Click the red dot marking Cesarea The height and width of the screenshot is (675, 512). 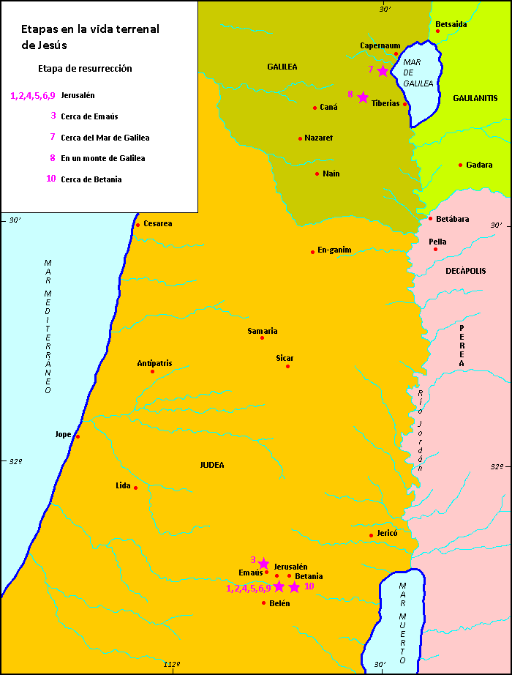click(x=138, y=225)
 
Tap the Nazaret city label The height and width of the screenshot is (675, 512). click(x=319, y=138)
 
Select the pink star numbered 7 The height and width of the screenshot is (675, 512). click(x=383, y=70)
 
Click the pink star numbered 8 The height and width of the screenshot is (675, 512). click(x=363, y=97)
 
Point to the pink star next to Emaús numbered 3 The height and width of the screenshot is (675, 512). click(x=263, y=563)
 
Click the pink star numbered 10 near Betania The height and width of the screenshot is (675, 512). click(x=294, y=587)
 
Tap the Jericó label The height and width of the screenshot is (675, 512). click(x=387, y=534)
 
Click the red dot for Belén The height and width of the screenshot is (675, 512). click(x=263, y=603)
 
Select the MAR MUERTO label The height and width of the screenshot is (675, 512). click(x=402, y=622)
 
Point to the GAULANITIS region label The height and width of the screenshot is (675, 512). click(x=475, y=98)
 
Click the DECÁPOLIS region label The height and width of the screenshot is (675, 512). click(x=465, y=271)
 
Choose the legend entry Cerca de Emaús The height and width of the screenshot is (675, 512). click(x=89, y=116)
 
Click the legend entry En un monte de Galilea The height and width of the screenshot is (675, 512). click(x=102, y=158)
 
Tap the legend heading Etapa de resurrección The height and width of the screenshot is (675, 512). click(x=85, y=68)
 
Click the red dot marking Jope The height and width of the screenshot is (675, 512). click(x=78, y=437)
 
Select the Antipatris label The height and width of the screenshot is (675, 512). click(x=154, y=363)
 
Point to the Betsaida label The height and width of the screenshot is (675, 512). click(x=451, y=24)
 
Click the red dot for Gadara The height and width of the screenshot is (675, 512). click(x=460, y=165)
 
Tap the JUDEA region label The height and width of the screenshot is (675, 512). click(x=212, y=465)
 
